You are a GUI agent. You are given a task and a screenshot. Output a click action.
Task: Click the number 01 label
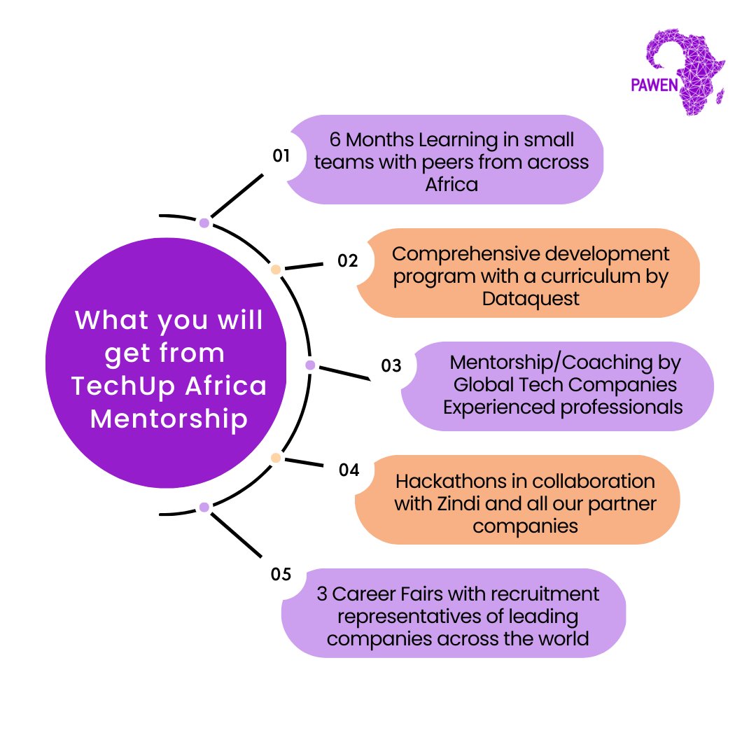click(x=281, y=155)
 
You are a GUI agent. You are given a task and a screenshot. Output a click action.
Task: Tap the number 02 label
click(x=348, y=261)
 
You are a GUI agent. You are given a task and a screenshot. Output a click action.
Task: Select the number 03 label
click(x=391, y=366)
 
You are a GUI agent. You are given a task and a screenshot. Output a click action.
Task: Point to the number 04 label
click(x=349, y=470)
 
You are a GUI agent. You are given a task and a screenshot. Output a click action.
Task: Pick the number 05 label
click(x=281, y=574)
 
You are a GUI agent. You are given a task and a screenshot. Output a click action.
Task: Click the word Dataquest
click(x=531, y=300)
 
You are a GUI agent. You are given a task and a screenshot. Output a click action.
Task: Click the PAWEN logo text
click(x=654, y=85)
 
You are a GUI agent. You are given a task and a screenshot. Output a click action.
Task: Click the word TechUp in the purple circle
click(x=123, y=386)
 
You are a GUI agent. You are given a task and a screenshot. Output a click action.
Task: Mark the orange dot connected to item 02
click(x=276, y=269)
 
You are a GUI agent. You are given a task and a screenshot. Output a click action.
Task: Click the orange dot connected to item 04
click(x=276, y=458)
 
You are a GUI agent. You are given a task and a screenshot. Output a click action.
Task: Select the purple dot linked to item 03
click(x=311, y=365)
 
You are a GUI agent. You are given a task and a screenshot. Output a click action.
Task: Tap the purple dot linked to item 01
click(x=204, y=223)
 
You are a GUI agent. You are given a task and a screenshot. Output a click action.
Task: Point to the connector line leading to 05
click(x=237, y=535)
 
